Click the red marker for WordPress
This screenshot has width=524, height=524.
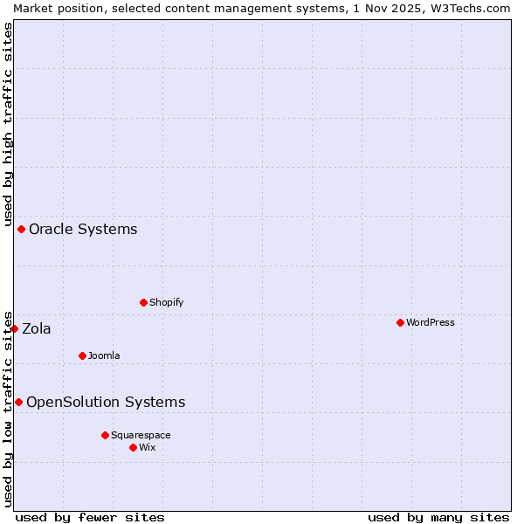[x=400, y=322]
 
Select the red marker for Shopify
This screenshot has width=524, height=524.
[x=143, y=302]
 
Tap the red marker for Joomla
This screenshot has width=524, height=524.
[x=82, y=355]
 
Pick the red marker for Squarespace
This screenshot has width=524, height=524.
[x=105, y=435]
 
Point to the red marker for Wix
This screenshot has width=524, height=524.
[x=133, y=447]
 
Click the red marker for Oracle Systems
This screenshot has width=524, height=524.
[x=21, y=229]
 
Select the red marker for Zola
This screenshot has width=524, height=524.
[x=14, y=328]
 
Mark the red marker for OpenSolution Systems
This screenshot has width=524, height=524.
[x=18, y=402]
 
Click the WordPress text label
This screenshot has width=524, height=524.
[x=431, y=322]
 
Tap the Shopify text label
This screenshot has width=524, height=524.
[x=167, y=302]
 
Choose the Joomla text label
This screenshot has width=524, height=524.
[x=104, y=355]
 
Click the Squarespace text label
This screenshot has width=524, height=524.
[x=141, y=435]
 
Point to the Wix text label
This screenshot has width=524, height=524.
[x=148, y=447]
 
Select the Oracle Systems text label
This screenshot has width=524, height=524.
[x=83, y=229]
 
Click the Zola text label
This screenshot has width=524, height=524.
[x=37, y=328]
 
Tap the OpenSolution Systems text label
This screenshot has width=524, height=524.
[x=106, y=402]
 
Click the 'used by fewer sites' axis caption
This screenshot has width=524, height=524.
[x=90, y=517]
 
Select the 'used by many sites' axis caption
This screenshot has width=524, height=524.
[x=438, y=517]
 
